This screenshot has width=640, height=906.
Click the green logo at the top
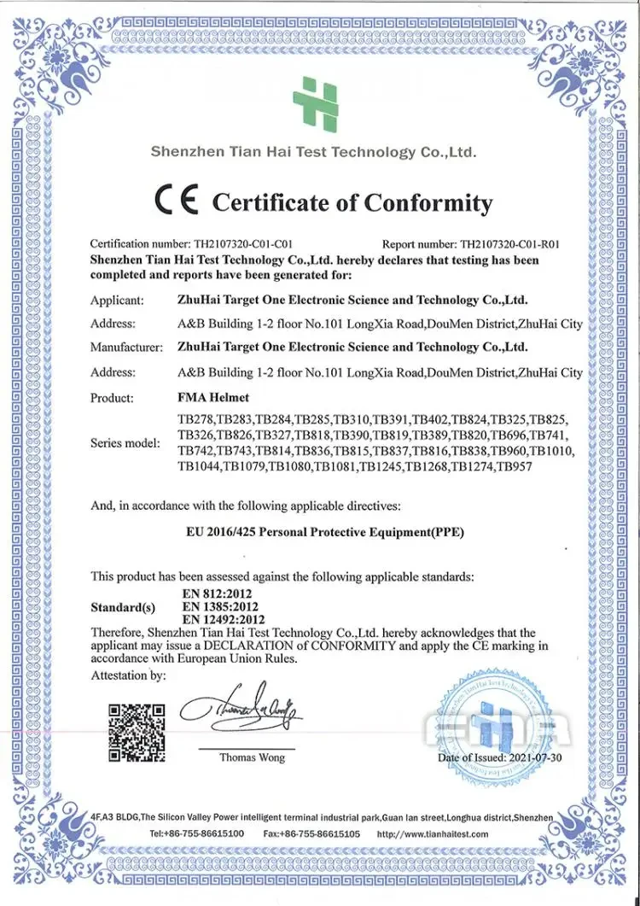[316, 103]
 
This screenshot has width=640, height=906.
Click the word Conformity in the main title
[428, 203]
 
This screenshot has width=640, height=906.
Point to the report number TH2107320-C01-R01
[510, 244]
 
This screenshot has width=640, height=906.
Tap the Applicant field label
[117, 300]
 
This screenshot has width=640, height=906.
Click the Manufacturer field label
[126, 347]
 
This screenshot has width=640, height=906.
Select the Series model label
[125, 443]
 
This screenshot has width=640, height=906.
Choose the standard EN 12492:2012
[224, 619]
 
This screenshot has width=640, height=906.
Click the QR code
[137, 732]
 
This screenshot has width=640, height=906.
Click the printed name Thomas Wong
[252, 757]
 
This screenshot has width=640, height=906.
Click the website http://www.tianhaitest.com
[433, 833]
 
